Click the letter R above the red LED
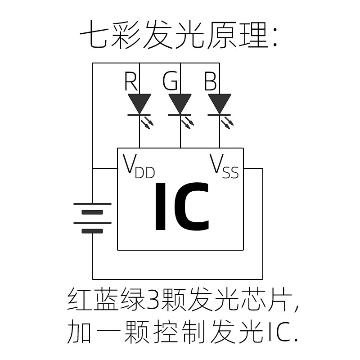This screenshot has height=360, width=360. tap(131, 82)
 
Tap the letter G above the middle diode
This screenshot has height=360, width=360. tap(170, 82)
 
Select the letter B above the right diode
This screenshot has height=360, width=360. tap(210, 82)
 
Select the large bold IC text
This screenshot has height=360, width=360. tap(181, 207)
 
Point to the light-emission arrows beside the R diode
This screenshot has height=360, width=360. tap(148, 122)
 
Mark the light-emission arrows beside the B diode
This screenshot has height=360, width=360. tap(227, 122)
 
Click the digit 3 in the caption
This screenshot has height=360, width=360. tap(153, 299)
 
